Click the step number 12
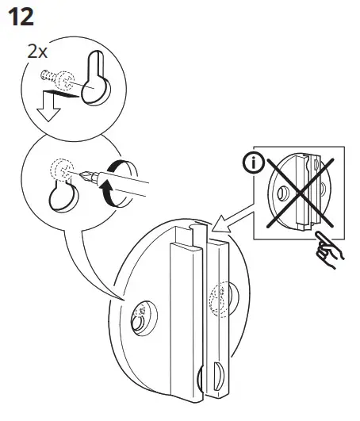pyautogui.click(x=21, y=17)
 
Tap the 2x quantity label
pyautogui.click(x=37, y=52)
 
